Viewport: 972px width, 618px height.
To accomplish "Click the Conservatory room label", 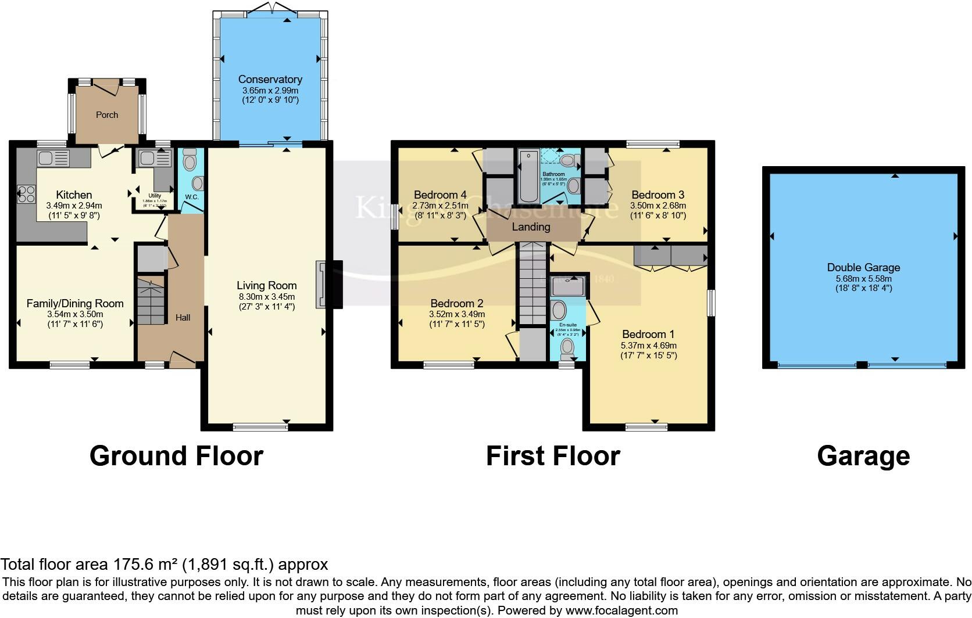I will tap(270, 80).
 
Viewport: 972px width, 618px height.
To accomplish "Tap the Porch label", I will tap(107, 115).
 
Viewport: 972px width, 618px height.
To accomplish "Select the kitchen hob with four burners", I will tap(26, 193).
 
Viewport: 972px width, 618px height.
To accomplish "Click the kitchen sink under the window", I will tap(53, 157).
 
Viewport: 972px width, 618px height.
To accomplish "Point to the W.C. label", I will tap(192, 197).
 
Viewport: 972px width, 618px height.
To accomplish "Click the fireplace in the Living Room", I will tap(322, 285).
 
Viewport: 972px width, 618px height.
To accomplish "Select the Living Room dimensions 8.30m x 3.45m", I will tap(267, 296).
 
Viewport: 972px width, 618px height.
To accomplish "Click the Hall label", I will tap(183, 318).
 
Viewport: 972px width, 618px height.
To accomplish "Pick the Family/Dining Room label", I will tap(75, 303).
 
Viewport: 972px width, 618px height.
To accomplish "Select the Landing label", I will tap(531, 227).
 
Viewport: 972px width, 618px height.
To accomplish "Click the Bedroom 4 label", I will tap(440, 195).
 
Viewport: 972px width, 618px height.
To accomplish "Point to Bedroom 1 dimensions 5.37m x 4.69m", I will tap(648, 345).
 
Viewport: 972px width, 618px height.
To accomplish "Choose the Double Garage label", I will tap(863, 268).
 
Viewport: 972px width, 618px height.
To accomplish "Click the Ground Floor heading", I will tap(176, 456).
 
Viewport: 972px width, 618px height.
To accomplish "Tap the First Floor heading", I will tap(553, 456).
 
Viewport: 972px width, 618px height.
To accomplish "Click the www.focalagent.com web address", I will tap(621, 610).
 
